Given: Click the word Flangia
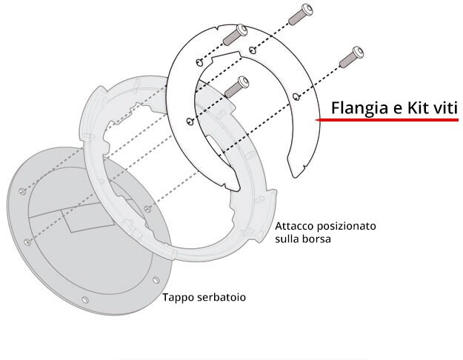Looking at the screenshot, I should click(x=355, y=108).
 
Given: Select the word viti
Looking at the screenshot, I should click(x=447, y=108).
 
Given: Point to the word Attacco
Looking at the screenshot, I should click(x=297, y=226).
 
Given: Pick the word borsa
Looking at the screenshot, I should click(x=316, y=240).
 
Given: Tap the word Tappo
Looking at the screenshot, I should click(x=178, y=298).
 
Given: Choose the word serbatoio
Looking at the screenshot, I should click(x=221, y=298).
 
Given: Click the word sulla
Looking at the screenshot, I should click(x=287, y=240).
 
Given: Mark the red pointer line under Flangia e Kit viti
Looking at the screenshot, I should click(x=385, y=120).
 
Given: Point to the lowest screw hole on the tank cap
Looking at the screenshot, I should click(x=84, y=299).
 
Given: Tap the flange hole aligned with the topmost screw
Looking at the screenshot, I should click(x=253, y=50).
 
